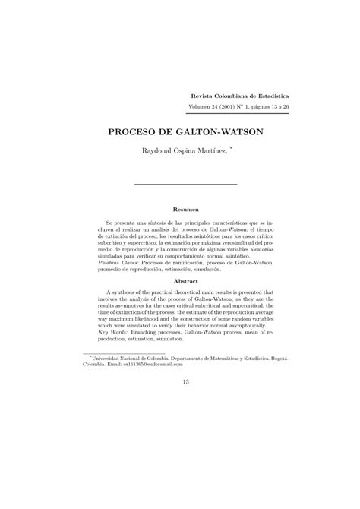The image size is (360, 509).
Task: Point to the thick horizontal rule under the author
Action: click(185, 184)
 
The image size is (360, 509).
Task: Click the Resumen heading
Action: click(186, 209)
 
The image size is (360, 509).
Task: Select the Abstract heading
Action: click(186, 280)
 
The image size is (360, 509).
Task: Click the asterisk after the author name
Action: click(230, 149)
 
